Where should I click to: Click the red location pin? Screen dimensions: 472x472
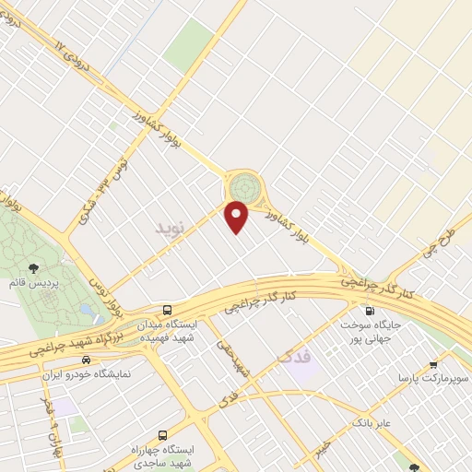pos(237,217)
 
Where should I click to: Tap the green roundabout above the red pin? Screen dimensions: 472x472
pos(243,187)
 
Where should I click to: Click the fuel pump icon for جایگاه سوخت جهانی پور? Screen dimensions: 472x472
pos(370,312)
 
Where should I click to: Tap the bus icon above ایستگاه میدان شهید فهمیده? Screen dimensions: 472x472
pos(167,310)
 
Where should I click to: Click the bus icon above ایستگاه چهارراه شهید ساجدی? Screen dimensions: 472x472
pos(163,434)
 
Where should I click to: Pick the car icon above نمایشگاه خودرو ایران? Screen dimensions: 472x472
pos(86,360)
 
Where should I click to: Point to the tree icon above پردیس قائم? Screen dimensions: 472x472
pos(34,268)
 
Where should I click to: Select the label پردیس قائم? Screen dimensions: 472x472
pos(35,284)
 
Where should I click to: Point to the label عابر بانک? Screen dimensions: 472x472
pos(347,423)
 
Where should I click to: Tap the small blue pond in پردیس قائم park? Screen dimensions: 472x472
pos(86,310)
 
